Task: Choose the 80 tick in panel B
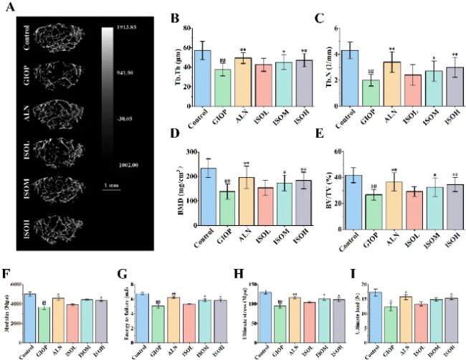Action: [189, 28]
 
